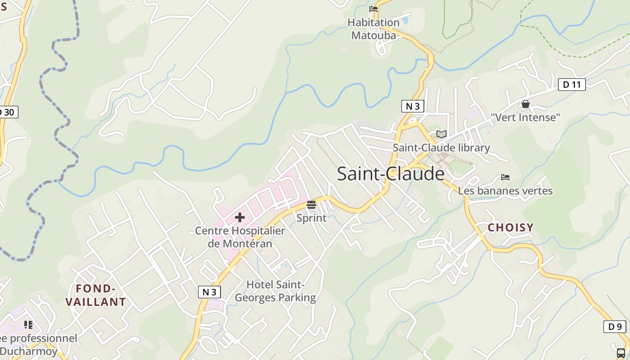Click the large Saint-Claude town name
[390, 174]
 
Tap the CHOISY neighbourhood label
[511, 228]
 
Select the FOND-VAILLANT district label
[96, 295]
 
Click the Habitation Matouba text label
[373, 29]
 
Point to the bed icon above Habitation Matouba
[373, 9]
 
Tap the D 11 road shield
[571, 84]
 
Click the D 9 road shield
[615, 327]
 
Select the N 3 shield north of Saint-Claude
[413, 106]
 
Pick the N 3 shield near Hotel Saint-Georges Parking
[209, 292]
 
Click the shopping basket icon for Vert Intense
[525, 104]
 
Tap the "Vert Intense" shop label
[525, 117]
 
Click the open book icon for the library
[441, 134]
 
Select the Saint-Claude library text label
[441, 148]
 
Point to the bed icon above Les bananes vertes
[505, 177]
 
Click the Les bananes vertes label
[505, 191]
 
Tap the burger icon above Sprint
[311, 205]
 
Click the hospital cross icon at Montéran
[240, 218]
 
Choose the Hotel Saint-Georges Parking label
[275, 291]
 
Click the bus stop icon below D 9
[621, 352]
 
